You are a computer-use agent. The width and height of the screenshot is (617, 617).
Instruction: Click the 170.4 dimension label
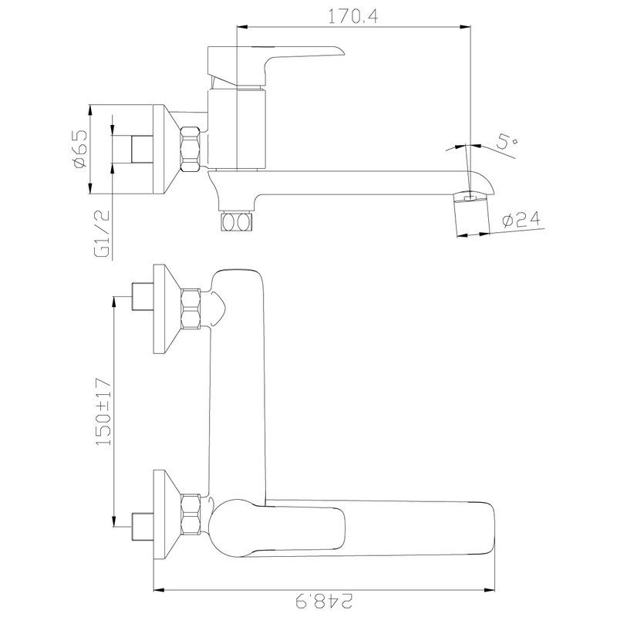pos(353,17)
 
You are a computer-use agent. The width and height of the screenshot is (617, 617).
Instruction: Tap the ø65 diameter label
pos(80,149)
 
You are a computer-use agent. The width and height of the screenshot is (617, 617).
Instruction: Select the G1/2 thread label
pos(103,234)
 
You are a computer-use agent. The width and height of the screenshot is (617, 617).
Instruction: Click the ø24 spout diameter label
pos(521,220)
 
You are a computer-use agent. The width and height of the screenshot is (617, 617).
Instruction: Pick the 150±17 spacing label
pos(104,412)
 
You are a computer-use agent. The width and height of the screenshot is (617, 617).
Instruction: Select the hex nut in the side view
pos(190,149)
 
